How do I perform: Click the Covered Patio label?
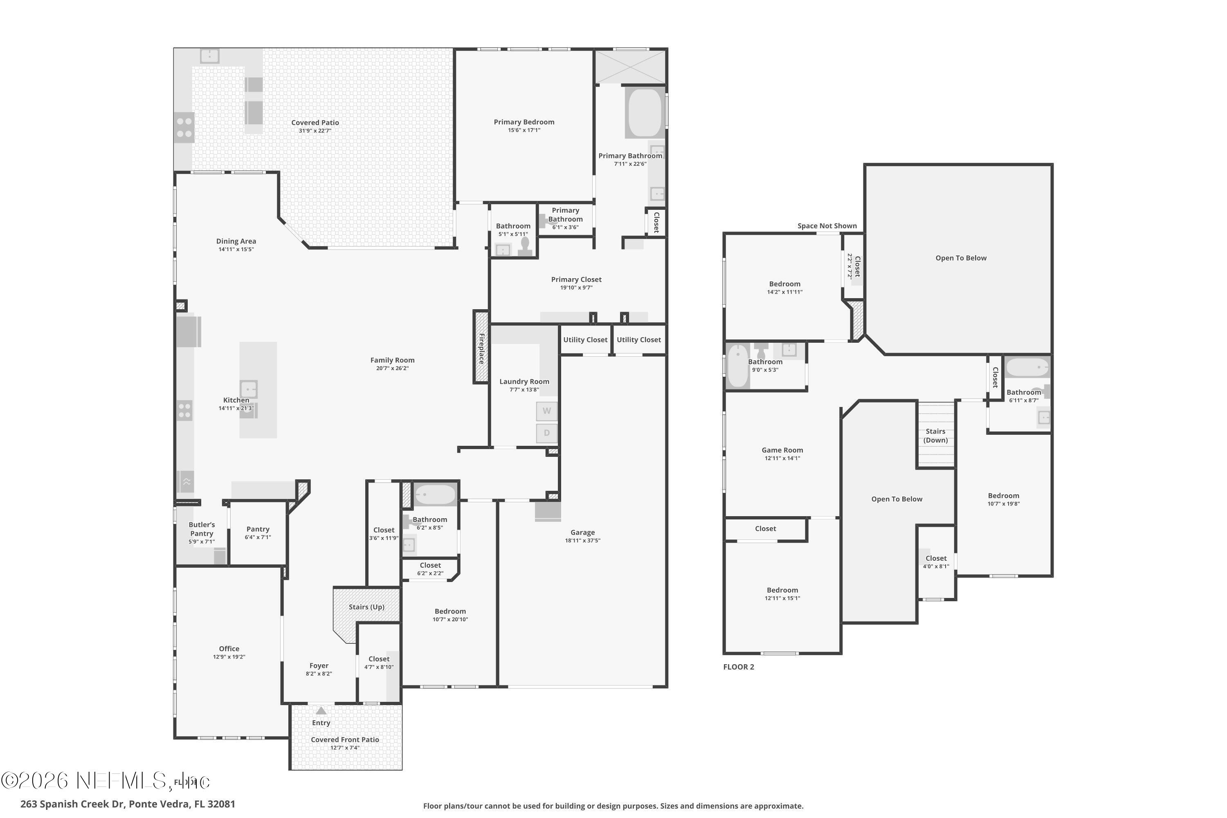[x=315, y=123]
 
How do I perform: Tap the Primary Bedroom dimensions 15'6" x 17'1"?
[x=524, y=130]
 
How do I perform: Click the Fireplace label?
[x=481, y=348]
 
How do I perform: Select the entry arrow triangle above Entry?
[x=321, y=710]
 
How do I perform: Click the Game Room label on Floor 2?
[x=782, y=450]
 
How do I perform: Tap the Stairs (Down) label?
[x=935, y=436]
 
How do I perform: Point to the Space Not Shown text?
[x=827, y=226]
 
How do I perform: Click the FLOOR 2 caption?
[x=738, y=667]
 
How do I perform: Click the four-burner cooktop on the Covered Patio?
[x=184, y=127]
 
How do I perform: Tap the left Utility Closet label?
[x=585, y=339]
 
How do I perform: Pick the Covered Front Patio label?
[x=345, y=740]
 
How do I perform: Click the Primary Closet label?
[x=576, y=280]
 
